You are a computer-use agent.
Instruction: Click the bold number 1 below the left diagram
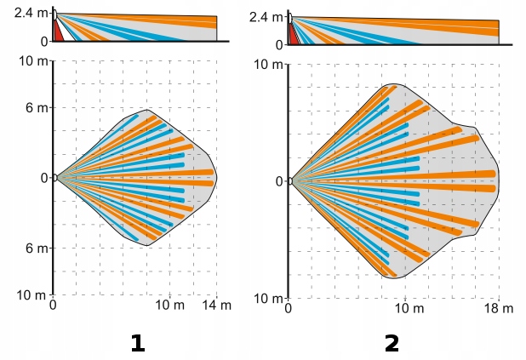click(x=136, y=344)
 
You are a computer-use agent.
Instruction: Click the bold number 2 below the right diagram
click(x=392, y=344)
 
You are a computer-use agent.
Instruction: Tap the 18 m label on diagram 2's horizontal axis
click(x=499, y=308)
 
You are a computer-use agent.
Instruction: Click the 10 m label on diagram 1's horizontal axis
click(x=170, y=306)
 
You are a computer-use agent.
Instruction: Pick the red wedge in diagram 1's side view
click(x=57, y=31)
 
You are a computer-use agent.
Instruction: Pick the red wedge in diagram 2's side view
click(x=293, y=34)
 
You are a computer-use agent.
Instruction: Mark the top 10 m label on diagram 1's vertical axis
click(x=31, y=60)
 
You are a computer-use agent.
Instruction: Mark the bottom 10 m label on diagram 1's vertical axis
click(x=31, y=294)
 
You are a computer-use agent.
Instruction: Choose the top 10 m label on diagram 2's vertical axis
click(x=269, y=65)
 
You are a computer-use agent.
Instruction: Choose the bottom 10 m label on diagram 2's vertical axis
click(x=269, y=298)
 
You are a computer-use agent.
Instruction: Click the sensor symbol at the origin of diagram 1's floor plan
click(x=54, y=178)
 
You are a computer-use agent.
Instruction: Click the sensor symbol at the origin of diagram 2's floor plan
click(x=290, y=181)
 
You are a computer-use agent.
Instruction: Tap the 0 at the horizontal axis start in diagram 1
click(x=54, y=306)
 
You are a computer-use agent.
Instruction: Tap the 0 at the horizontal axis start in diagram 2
click(x=289, y=308)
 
